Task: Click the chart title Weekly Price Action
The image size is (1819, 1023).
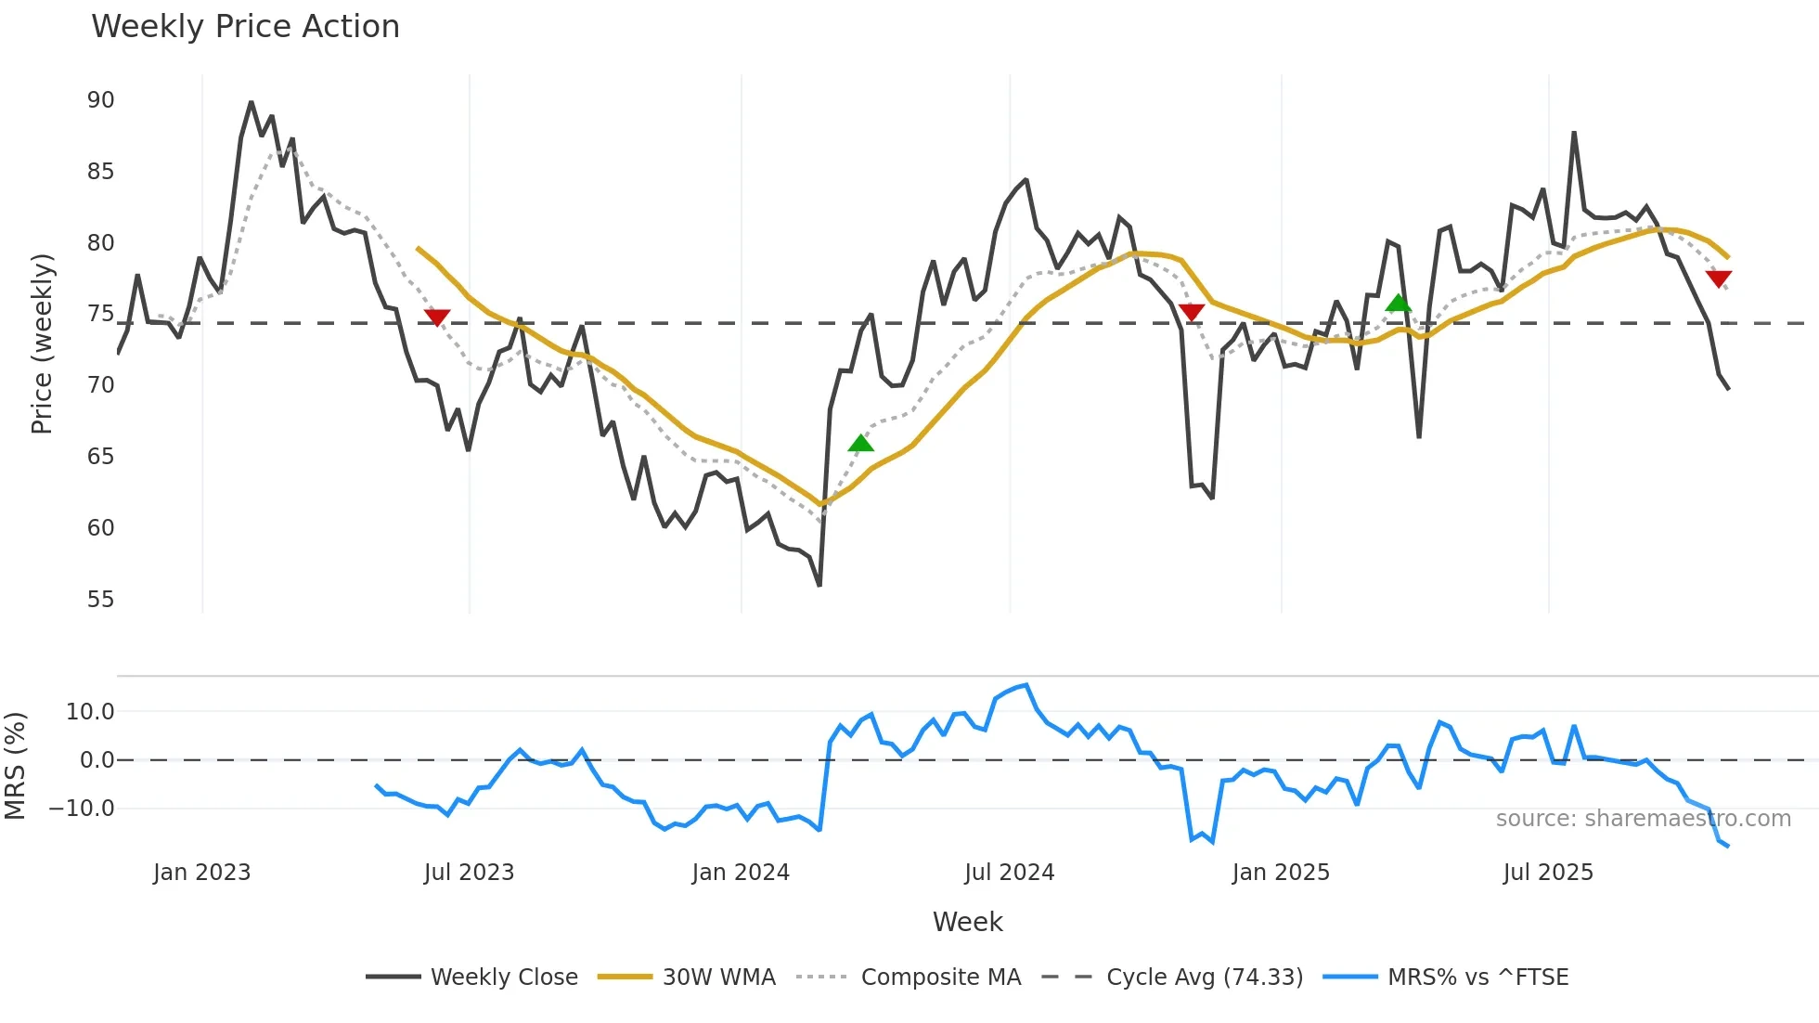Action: [245, 27]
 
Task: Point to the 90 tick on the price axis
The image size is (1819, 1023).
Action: [101, 100]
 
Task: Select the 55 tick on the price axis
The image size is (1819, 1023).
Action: [101, 600]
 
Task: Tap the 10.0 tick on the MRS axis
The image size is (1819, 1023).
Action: [90, 712]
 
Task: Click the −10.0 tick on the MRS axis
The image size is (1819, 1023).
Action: [82, 809]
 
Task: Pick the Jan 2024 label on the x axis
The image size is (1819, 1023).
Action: [741, 873]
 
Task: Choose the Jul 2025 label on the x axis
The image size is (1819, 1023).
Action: [1548, 873]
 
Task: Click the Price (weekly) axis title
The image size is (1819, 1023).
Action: [43, 343]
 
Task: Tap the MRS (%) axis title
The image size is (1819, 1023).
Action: [16, 766]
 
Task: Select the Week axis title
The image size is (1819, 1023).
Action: [967, 922]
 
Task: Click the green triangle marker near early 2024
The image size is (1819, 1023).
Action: [860, 444]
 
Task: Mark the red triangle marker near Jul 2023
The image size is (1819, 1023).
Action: [437, 317]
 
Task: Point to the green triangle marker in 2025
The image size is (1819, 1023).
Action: [1398, 303]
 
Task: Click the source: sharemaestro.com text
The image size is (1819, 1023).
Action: [1643, 819]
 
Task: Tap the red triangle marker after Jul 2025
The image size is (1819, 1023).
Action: [1719, 278]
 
